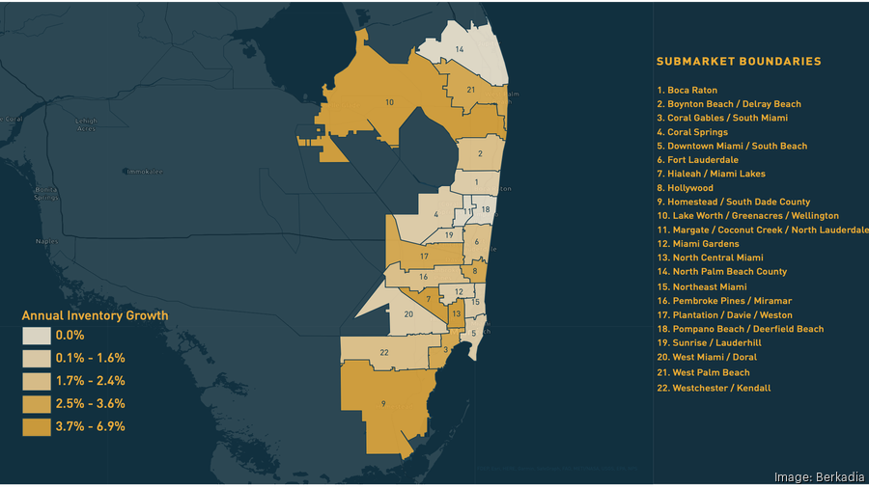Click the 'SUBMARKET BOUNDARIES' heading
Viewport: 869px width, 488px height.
(x=739, y=62)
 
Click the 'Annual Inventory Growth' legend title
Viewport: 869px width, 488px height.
(x=95, y=315)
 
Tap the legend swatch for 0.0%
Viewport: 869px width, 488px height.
(x=37, y=335)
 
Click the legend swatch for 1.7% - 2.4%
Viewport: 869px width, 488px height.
(x=37, y=381)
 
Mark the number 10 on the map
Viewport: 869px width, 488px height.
(x=389, y=102)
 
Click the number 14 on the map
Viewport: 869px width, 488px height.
(x=460, y=48)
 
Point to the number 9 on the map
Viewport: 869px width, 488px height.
(x=384, y=404)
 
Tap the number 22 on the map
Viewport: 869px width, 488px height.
(x=384, y=352)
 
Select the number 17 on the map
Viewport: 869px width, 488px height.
(x=424, y=258)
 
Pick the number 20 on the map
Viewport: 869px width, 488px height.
(x=408, y=314)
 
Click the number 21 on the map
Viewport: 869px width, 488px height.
(x=471, y=90)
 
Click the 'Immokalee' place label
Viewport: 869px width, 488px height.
(x=144, y=172)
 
